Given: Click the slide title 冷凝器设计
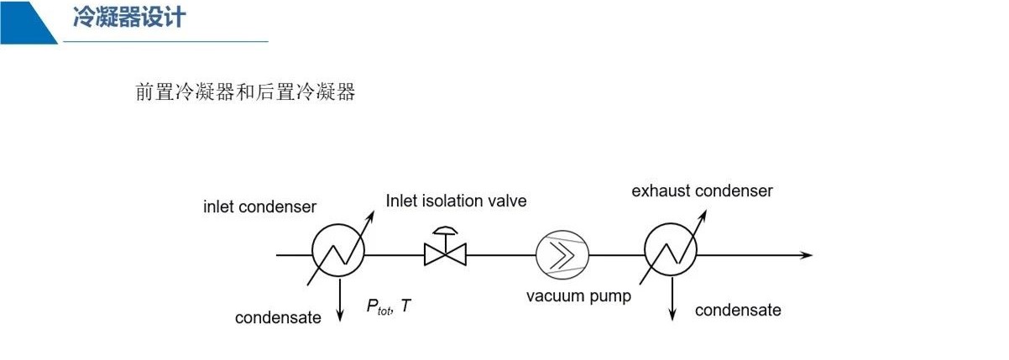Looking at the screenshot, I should tap(128, 18).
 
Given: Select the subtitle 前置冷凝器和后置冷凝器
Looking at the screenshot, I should tap(245, 91).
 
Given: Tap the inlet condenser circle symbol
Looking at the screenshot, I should tap(339, 253).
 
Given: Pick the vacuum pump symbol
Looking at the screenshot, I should tap(562, 253).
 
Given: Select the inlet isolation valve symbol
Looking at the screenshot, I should tap(445, 253).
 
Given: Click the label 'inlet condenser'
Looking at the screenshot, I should tap(259, 206).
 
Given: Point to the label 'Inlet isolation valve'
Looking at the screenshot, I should tap(456, 201).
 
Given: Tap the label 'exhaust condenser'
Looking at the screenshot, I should tap(702, 190).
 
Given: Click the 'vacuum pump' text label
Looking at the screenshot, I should tap(578, 295).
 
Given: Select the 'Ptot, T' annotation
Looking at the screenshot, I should tap(389, 307).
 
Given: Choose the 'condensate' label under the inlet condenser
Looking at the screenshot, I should tap(278, 318).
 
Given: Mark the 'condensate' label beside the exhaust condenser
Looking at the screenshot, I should tap(738, 310).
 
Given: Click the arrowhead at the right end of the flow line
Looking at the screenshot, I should tap(807, 254).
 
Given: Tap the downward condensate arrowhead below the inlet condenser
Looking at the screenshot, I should tap(340, 317).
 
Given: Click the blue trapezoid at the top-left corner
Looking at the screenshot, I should tap(25, 20).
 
